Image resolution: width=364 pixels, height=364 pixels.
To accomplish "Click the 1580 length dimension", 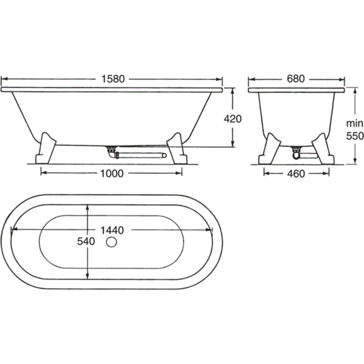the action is [113, 79].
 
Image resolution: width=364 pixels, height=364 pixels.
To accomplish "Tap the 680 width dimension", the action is [296, 79].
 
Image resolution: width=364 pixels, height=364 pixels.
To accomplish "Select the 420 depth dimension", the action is [233, 119].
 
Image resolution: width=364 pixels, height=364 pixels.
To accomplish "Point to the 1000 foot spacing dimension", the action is [112, 173].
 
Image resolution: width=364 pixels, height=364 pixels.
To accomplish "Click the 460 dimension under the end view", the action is [296, 174].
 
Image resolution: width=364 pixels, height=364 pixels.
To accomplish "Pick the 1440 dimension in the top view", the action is [112, 230].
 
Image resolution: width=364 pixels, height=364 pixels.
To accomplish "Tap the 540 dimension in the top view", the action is [86, 242].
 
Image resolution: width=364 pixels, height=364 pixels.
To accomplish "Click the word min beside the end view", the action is [355, 123].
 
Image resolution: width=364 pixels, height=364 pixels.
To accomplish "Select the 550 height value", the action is [355, 136].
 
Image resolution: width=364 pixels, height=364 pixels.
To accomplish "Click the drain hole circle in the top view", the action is [111, 242].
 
